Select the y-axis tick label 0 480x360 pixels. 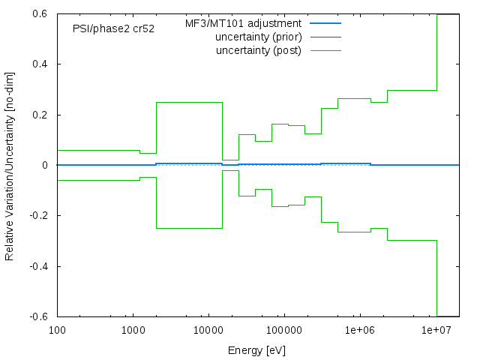(46, 165)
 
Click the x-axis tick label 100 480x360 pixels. (57, 330)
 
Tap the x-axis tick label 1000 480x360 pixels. (133, 330)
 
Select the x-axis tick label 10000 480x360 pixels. (208, 330)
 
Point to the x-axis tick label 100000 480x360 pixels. (283, 330)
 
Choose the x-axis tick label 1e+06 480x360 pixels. (359, 330)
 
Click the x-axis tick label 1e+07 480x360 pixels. (435, 330)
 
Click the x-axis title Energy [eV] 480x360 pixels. (256, 350)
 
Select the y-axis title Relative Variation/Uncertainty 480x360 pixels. (10, 165)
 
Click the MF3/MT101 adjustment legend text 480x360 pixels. (243, 24)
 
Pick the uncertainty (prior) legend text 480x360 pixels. (258, 37)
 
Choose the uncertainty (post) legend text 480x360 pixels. (258, 50)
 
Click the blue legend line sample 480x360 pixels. (324, 24)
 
